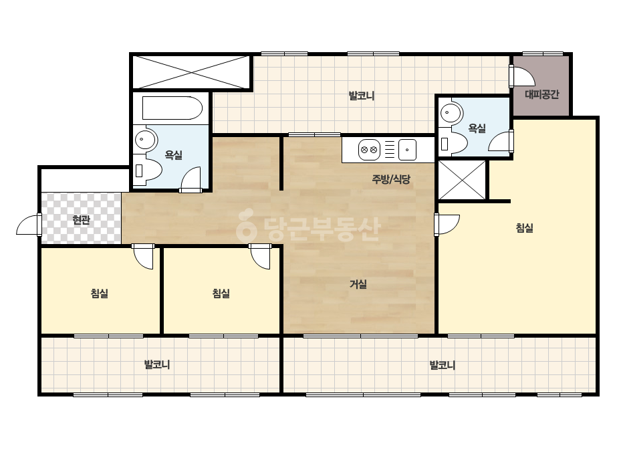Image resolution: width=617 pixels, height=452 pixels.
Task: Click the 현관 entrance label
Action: (x=81, y=220)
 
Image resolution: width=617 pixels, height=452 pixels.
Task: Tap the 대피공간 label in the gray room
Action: (x=542, y=94)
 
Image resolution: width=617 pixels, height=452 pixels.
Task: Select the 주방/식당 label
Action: (x=391, y=179)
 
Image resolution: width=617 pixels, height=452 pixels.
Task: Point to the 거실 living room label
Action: (x=358, y=284)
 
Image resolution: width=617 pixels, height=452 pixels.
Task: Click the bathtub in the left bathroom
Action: (x=172, y=108)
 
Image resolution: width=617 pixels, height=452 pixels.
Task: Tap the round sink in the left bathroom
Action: (x=145, y=140)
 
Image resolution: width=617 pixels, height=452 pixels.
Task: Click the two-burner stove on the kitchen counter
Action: (x=369, y=150)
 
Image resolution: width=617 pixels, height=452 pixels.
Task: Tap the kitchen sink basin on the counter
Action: (x=407, y=150)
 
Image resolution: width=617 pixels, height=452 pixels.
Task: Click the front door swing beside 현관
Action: (x=28, y=225)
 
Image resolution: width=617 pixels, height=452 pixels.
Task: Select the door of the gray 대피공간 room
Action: (x=522, y=76)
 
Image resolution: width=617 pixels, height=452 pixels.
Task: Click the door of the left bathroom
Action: (x=191, y=180)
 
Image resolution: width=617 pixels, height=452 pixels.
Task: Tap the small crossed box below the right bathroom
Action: (x=462, y=180)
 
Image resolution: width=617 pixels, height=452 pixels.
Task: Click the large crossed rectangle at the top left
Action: (x=191, y=72)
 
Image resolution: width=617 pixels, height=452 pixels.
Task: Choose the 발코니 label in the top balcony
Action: (x=361, y=96)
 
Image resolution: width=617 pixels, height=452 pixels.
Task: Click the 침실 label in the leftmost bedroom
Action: (x=99, y=294)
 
